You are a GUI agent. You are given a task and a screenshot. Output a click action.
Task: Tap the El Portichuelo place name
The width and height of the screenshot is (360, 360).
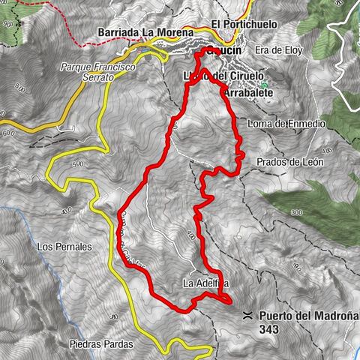[244, 24]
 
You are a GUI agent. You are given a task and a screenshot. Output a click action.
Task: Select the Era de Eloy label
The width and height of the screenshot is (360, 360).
[273, 50]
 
